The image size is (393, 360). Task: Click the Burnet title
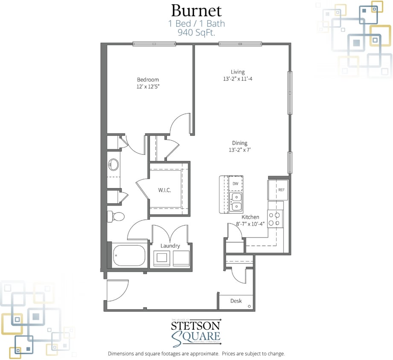pyautogui.click(x=196, y=10)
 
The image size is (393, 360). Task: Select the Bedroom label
pyautogui.click(x=148, y=80)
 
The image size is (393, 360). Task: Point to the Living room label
pyautogui.click(x=238, y=72)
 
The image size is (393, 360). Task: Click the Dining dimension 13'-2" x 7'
pyautogui.click(x=239, y=150)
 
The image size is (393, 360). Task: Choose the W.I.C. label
pyautogui.click(x=164, y=190)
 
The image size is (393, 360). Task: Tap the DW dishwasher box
pyautogui.click(x=236, y=184)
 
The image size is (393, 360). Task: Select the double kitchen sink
pyautogui.click(x=236, y=202)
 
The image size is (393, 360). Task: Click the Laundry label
pyautogui.click(x=170, y=246)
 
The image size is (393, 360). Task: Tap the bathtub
pyautogui.click(x=129, y=255)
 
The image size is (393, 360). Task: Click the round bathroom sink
pyautogui.click(x=114, y=164)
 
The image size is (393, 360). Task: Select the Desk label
pyautogui.click(x=236, y=301)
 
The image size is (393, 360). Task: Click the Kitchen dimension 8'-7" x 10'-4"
pyautogui.click(x=250, y=224)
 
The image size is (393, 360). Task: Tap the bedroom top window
pyautogui.click(x=154, y=44)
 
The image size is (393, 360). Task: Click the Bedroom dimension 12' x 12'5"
pyautogui.click(x=148, y=87)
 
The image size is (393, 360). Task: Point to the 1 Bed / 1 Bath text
pyautogui.click(x=196, y=23)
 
